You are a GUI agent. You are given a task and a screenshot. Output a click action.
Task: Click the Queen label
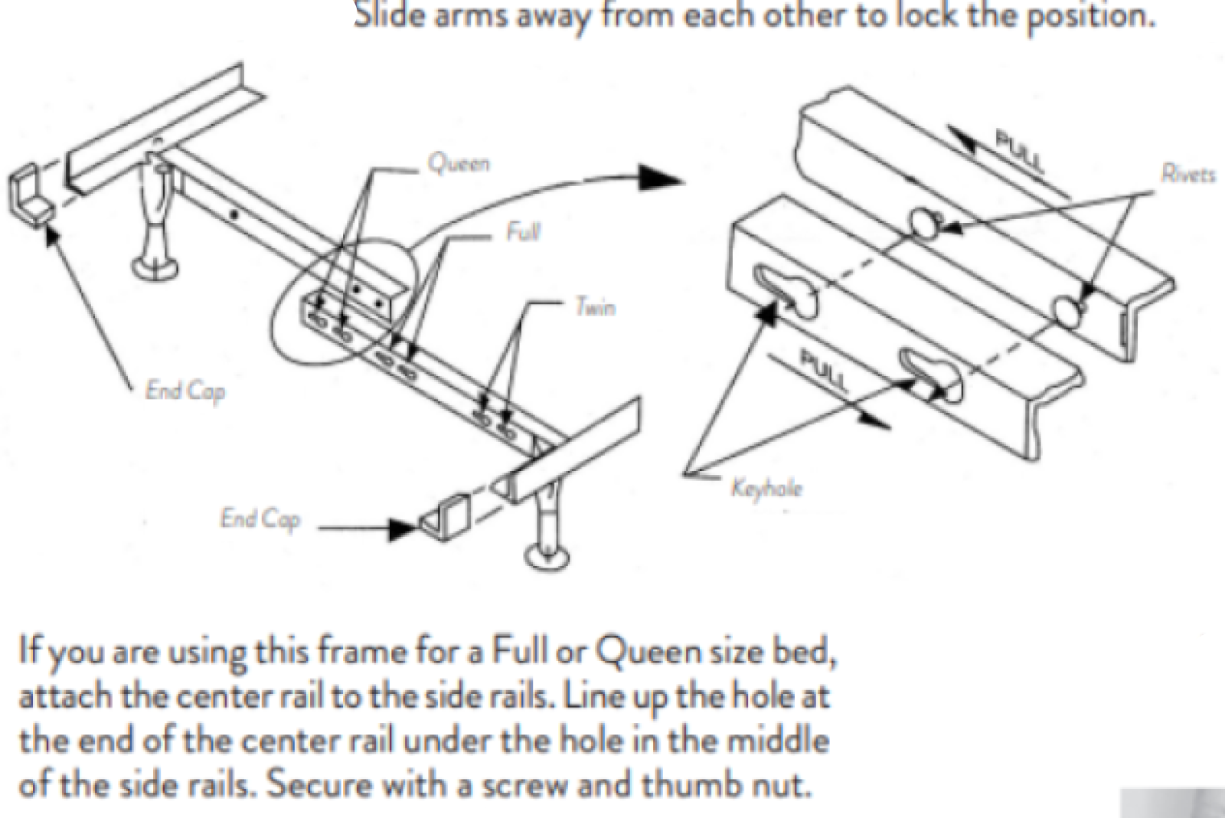[x=459, y=163]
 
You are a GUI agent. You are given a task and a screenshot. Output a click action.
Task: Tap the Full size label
[x=523, y=231]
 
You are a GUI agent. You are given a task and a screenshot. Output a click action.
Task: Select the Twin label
[x=594, y=308]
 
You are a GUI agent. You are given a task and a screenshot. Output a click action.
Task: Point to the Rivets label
[x=1187, y=175]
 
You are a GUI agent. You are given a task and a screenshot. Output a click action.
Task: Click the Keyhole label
[x=766, y=488]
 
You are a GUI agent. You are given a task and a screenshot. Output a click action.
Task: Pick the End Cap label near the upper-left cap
[x=185, y=391]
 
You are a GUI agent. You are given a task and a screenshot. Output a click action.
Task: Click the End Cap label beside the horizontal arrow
[x=260, y=519]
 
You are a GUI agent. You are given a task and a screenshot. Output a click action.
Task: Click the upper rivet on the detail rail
[x=926, y=223]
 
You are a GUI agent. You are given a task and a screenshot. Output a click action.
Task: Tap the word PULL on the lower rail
[x=824, y=369]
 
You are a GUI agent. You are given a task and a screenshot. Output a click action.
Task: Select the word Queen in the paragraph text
[x=648, y=653]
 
